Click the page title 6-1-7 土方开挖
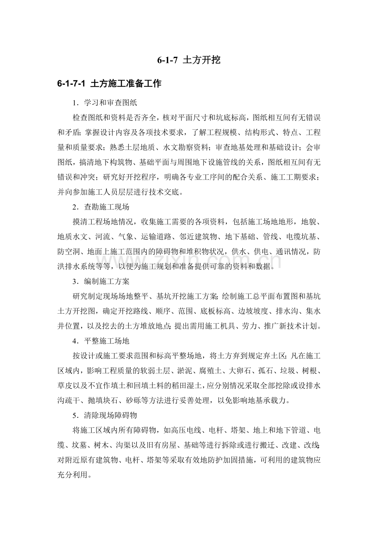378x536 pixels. click(x=189, y=60)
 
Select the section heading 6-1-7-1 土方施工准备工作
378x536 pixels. click(x=109, y=84)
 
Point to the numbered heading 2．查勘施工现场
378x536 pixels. click(x=101, y=207)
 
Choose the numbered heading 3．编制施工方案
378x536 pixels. click(x=101, y=282)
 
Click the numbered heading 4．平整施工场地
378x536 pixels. click(x=101, y=341)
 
